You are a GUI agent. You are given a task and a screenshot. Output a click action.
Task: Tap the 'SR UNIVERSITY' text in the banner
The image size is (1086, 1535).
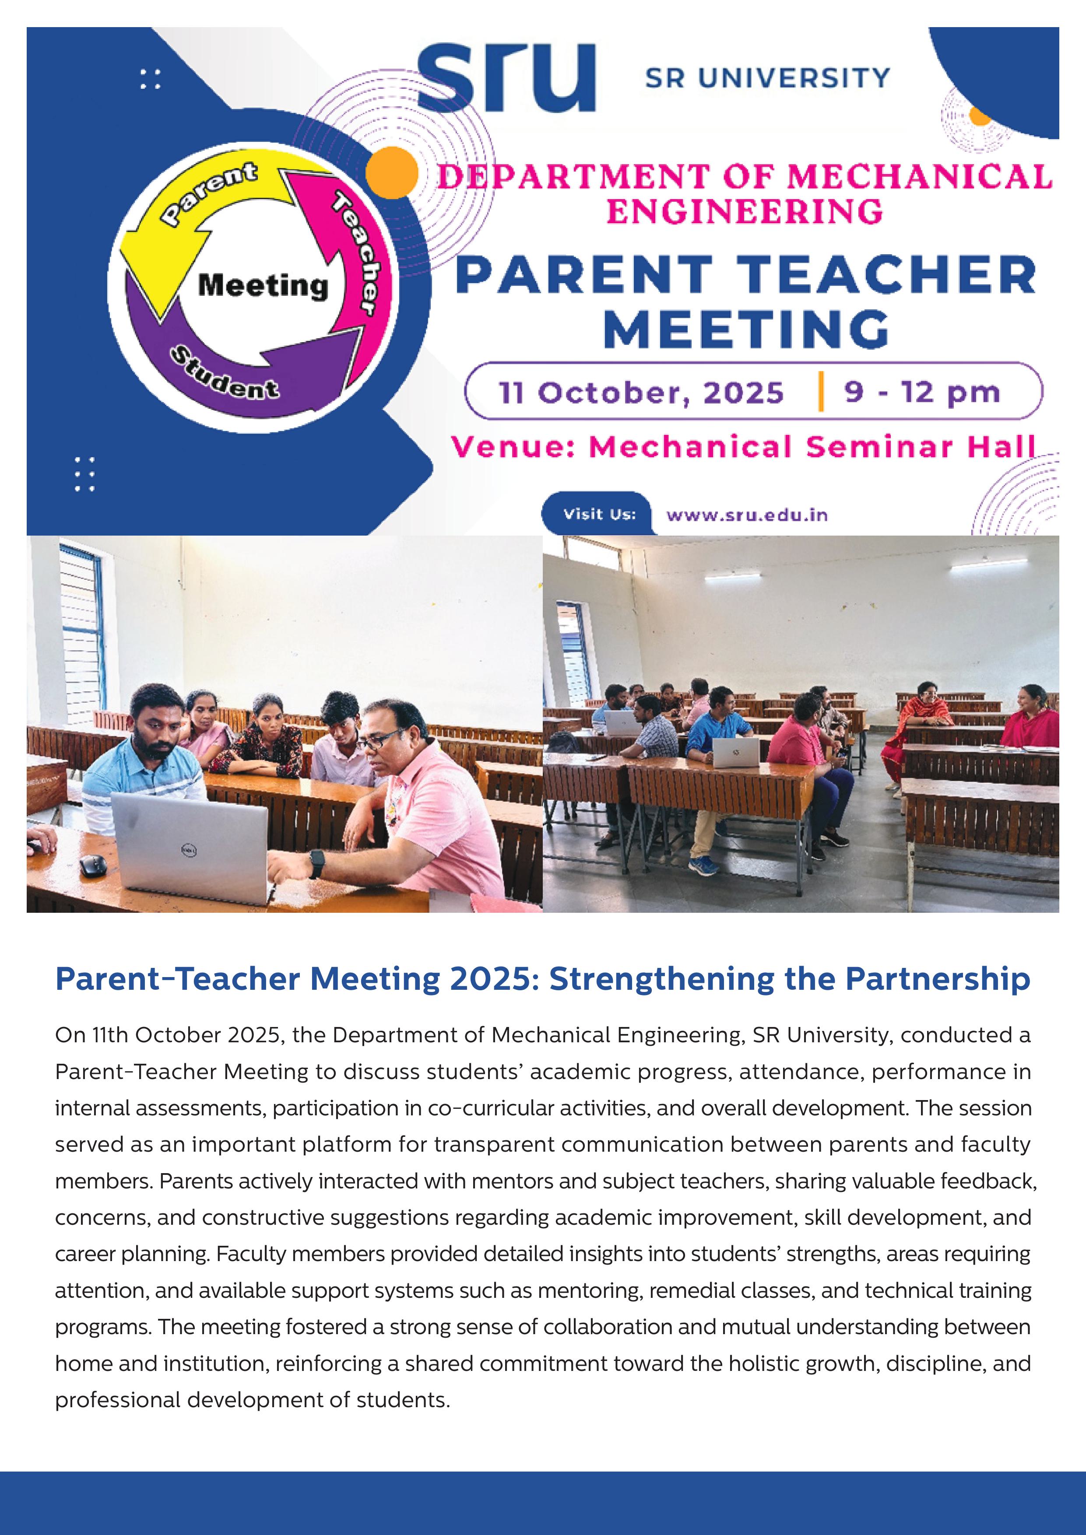pos(767,78)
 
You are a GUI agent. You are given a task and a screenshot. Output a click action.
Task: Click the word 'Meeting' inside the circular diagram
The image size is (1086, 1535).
pos(263,286)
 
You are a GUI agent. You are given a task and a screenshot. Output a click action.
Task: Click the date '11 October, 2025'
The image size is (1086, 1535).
pos(641,393)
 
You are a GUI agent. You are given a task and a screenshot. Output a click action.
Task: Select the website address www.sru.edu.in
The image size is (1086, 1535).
pos(746,515)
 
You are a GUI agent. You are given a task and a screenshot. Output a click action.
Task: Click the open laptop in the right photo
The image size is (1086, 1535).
pos(735,752)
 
